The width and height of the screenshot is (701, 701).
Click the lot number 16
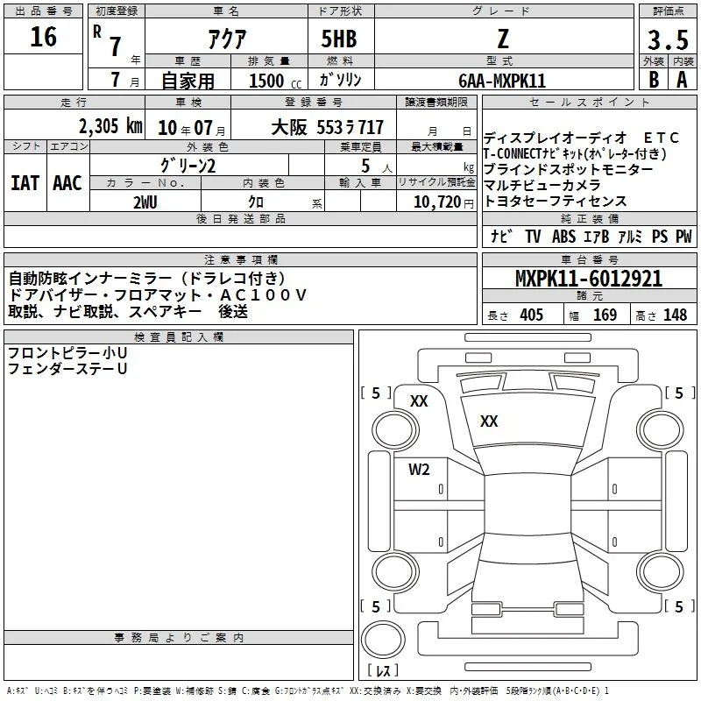(43, 37)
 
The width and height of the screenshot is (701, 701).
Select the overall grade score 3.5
(668, 39)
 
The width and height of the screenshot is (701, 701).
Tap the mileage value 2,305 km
(110, 126)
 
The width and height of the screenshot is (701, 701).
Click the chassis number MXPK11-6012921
(589, 279)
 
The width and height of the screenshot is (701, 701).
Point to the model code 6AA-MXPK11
(502, 81)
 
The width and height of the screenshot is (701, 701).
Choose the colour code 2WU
(145, 202)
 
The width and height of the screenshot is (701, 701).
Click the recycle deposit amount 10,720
(437, 202)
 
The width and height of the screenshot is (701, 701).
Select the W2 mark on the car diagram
(419, 469)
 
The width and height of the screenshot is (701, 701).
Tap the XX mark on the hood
(489, 421)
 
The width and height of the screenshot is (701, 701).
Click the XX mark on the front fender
(419, 401)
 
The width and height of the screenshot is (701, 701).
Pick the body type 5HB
(339, 39)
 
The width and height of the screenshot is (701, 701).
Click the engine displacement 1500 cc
(275, 81)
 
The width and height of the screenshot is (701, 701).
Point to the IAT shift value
(25, 183)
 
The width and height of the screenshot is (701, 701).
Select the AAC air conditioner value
(67, 183)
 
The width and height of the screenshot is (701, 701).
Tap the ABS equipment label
(563, 237)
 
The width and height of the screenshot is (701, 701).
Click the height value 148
(675, 315)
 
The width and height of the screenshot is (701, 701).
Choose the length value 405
(532, 315)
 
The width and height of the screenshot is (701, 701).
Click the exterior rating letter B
(654, 80)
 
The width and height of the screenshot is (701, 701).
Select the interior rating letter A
(682, 80)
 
